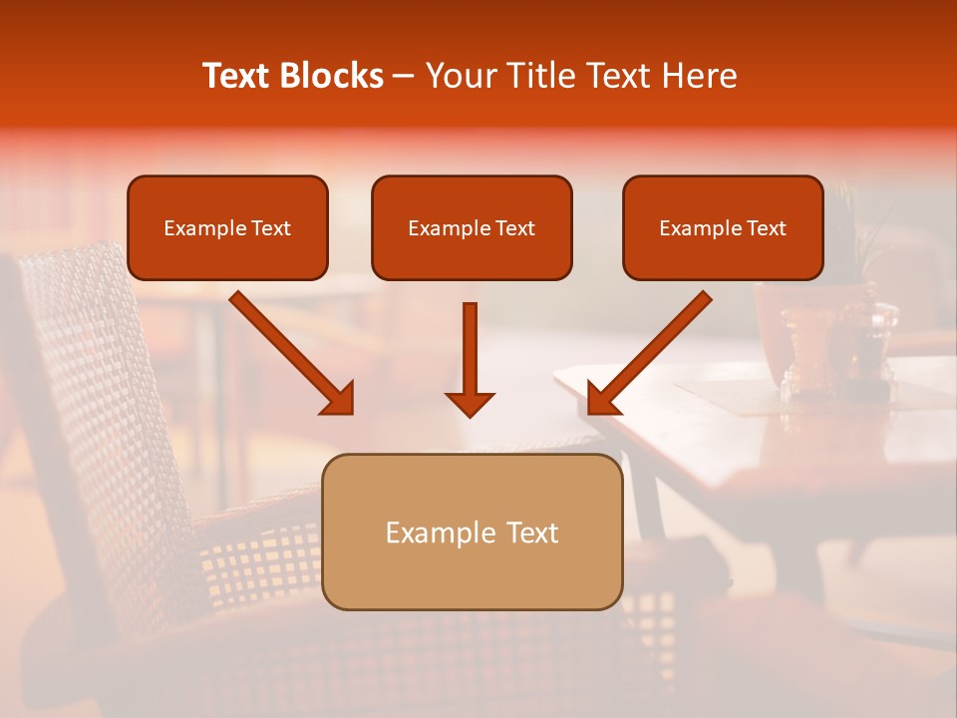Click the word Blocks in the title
pyautogui.click(x=331, y=76)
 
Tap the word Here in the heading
pyautogui.click(x=697, y=76)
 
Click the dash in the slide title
pyautogui.click(x=405, y=76)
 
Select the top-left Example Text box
pyautogui.click(x=227, y=227)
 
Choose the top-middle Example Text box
pyautogui.click(x=472, y=227)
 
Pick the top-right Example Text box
pyautogui.click(x=723, y=227)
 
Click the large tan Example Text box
pyautogui.click(x=472, y=532)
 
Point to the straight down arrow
pyautogui.click(x=470, y=349)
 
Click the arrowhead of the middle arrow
pyautogui.click(x=470, y=403)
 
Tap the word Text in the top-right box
pyautogui.click(x=766, y=228)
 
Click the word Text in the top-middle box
pyautogui.click(x=514, y=228)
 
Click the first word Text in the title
pyautogui.click(x=235, y=76)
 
